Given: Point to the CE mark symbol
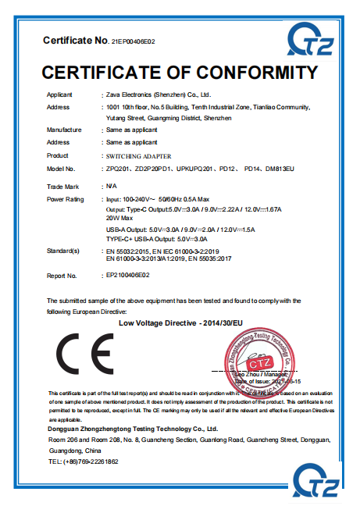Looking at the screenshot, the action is coord(84,349).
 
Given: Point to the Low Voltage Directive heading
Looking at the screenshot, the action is coord(170,322).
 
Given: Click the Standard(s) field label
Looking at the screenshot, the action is coord(63,251).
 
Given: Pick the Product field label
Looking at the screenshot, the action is coord(58,155).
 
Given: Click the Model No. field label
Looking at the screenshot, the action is coord(60,169).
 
